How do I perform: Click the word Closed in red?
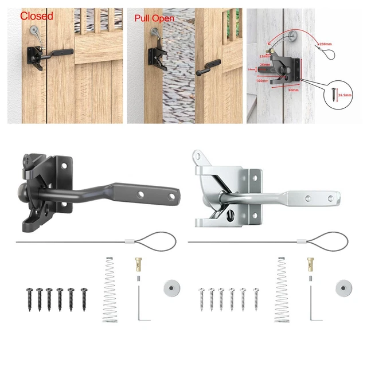coord(37,16)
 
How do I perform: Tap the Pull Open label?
coord(154,18)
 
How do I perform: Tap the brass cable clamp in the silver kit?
coord(310,266)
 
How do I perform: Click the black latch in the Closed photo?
coord(36,57)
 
